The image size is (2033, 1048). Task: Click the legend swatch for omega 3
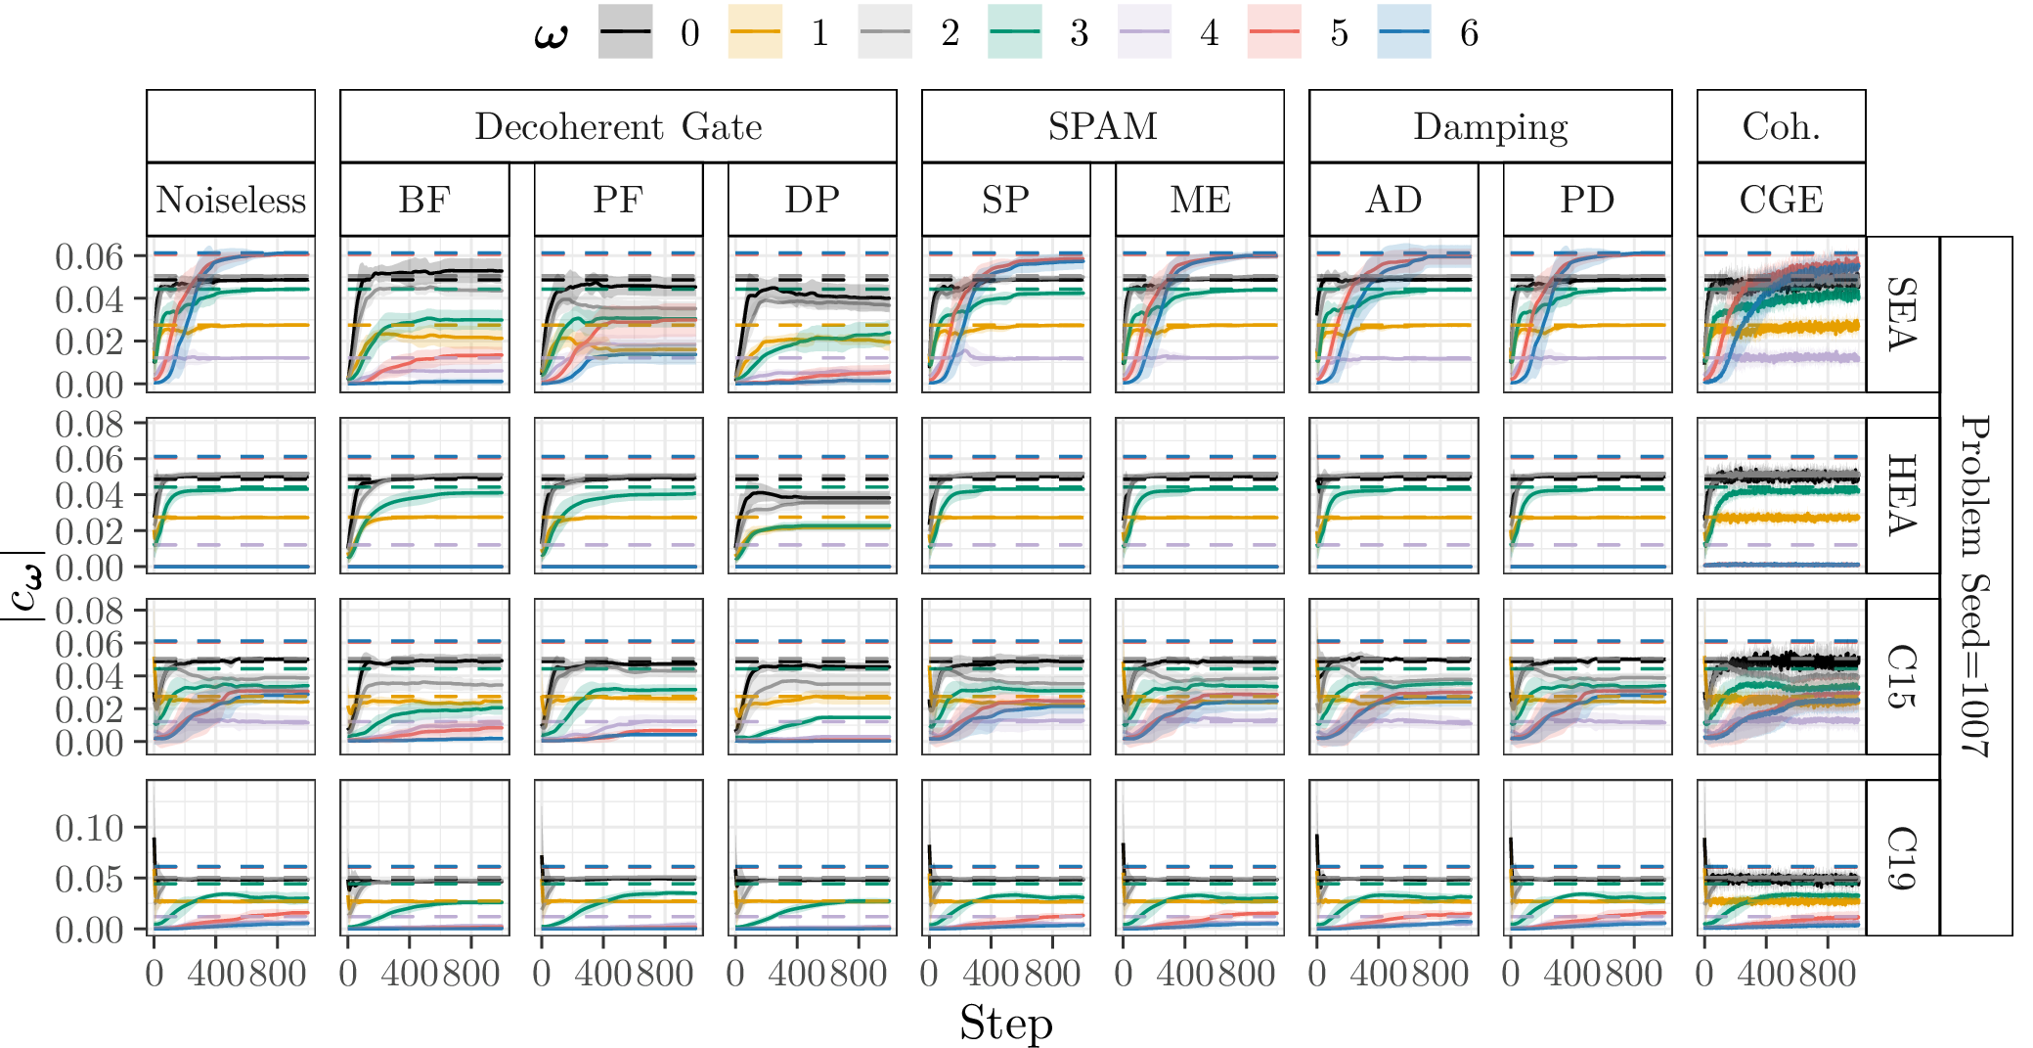tap(1015, 32)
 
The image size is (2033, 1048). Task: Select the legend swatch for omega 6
tap(1404, 32)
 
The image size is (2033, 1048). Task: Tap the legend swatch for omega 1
tap(756, 32)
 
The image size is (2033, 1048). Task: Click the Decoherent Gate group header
tap(618, 126)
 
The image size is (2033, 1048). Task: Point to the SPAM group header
tap(1102, 126)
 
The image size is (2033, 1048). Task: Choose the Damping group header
tap(1490, 126)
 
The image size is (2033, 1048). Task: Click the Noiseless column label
tap(231, 200)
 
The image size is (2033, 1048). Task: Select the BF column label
tap(424, 200)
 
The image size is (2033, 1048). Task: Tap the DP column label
tap(812, 200)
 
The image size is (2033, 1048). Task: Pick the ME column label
tap(1200, 200)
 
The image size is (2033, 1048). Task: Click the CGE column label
tap(1781, 200)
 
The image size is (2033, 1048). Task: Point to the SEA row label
tap(1902, 314)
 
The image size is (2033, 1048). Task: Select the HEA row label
tap(1902, 495)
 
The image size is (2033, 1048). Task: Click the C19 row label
tap(1902, 857)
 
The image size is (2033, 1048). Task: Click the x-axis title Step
tap(1005, 1024)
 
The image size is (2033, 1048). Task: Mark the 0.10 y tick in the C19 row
tap(89, 829)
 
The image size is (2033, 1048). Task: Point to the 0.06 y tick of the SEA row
tap(89, 256)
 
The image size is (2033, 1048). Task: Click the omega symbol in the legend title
tap(551, 35)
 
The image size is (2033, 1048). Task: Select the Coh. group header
tap(1781, 126)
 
